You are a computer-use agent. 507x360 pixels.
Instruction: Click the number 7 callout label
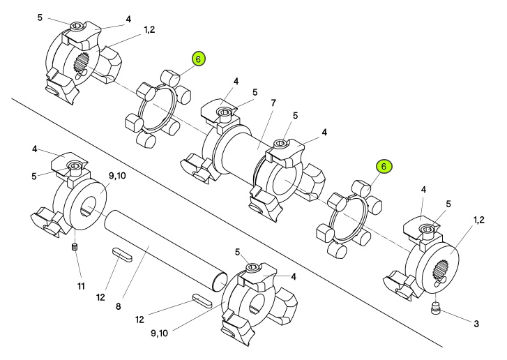point(273,103)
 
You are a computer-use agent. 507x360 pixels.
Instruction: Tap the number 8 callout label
point(119,306)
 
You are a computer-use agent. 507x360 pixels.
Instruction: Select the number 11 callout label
point(81,286)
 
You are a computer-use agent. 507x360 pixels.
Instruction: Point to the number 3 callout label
point(476,324)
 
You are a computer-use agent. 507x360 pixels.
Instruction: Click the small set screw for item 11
point(75,248)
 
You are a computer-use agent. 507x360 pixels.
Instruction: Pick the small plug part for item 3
point(436,308)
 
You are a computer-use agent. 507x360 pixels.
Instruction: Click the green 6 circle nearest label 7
point(198,59)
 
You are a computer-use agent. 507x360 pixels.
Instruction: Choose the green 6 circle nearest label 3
point(384,167)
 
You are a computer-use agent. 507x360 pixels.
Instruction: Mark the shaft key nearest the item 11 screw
point(122,255)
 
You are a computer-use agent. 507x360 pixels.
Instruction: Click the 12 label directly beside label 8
point(100,297)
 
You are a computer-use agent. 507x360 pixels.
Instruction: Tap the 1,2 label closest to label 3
point(479,220)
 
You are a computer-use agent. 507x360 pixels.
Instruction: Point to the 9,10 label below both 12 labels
point(160,333)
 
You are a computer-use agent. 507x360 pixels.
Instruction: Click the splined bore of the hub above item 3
point(440,271)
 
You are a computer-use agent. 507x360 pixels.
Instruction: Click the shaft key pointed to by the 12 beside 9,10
point(202,301)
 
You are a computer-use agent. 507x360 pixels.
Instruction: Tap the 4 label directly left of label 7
point(236,82)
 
